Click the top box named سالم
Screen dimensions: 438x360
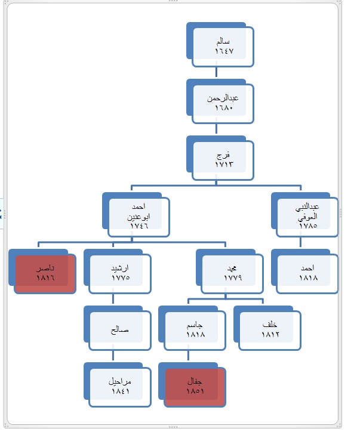click(x=223, y=46)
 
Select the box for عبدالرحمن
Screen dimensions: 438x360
click(x=223, y=103)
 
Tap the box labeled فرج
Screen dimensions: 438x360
click(x=223, y=159)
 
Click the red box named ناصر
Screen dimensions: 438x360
click(x=45, y=273)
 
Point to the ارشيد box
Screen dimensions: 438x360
click(x=120, y=273)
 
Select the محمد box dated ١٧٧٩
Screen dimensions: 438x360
click(x=232, y=273)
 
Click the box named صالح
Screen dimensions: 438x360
click(x=120, y=329)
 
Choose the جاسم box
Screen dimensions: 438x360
click(x=195, y=329)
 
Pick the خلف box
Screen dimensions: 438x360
click(x=270, y=329)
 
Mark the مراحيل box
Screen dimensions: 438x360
click(x=120, y=386)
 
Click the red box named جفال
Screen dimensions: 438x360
click(x=195, y=386)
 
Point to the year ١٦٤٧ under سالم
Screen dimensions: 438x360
click(x=223, y=52)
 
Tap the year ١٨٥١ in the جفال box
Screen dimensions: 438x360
click(x=195, y=391)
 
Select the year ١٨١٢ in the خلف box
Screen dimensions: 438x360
click(x=270, y=335)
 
